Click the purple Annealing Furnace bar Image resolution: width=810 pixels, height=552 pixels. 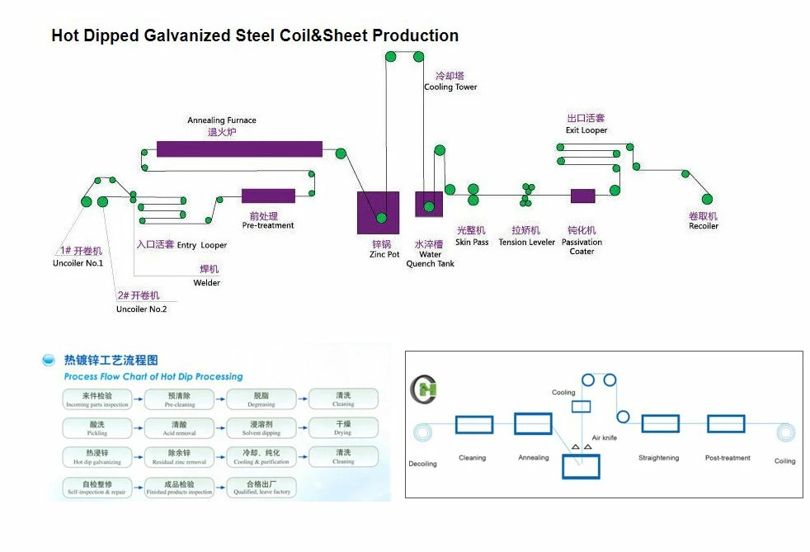(x=239, y=149)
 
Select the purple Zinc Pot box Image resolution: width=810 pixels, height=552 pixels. (x=378, y=212)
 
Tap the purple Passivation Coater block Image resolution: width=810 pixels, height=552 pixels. (x=582, y=196)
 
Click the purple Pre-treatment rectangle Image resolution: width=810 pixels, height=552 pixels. (x=268, y=196)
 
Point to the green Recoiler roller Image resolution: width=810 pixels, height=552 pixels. (x=707, y=199)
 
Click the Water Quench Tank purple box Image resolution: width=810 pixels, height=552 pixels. (x=429, y=204)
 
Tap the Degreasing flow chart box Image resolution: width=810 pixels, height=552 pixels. (x=262, y=399)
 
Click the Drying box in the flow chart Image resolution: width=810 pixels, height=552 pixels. (x=343, y=427)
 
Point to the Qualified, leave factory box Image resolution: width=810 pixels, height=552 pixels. (x=262, y=486)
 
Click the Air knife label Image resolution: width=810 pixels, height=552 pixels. (x=604, y=437)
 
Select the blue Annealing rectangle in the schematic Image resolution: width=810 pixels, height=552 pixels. (x=533, y=424)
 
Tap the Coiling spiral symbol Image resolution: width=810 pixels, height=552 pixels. (x=784, y=433)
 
